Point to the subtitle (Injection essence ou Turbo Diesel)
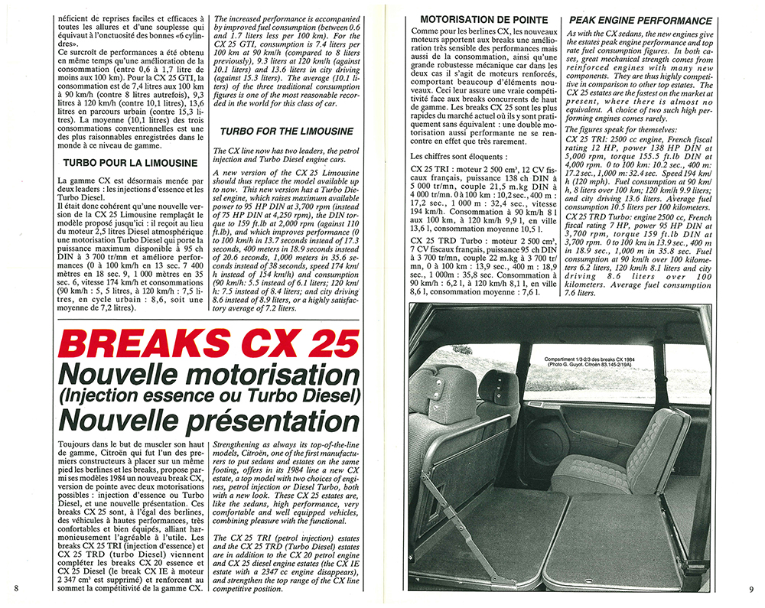tap(187, 395)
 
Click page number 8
tap(16, 587)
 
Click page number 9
tap(751, 588)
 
